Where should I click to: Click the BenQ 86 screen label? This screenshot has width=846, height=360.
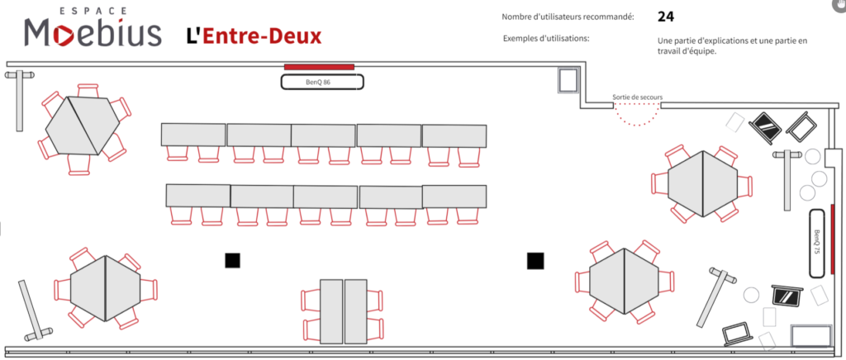pos(322,82)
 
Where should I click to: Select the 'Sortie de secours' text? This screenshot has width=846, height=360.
pos(637,97)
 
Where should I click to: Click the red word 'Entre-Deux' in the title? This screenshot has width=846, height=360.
pos(263,36)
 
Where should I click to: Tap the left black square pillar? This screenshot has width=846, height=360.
pos(232,261)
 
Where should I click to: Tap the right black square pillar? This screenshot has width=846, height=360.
pos(535,261)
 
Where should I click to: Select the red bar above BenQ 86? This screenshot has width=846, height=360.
pos(319,66)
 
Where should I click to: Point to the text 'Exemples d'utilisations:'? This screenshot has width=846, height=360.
pos(546,39)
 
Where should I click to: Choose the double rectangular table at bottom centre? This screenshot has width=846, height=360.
pos(343,311)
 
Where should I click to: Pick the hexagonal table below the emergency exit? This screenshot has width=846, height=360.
pos(701,183)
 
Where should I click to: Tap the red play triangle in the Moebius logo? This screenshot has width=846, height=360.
pos(63,34)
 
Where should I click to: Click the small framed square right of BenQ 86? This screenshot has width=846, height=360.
pos(568,81)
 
